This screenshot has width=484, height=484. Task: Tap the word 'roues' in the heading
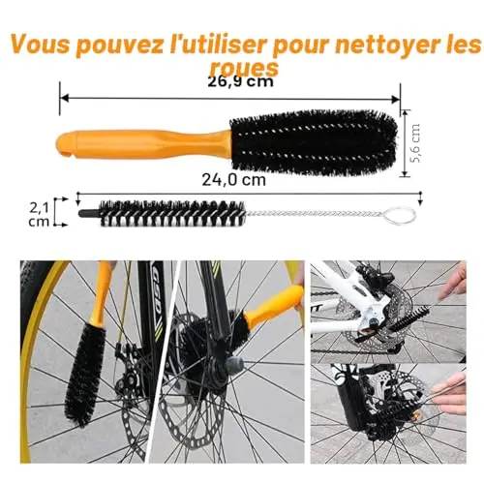244,67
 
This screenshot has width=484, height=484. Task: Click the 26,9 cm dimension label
240,81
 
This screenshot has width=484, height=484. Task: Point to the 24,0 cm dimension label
234,180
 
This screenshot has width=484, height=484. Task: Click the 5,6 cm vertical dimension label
416,143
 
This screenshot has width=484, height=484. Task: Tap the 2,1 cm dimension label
39,215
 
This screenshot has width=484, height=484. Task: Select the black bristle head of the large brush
314,142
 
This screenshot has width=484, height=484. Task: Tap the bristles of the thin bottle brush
172,213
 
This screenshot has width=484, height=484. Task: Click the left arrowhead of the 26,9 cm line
65,98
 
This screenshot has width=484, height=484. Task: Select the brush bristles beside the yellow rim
84,375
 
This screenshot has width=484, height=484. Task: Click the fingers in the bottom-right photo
449,395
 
